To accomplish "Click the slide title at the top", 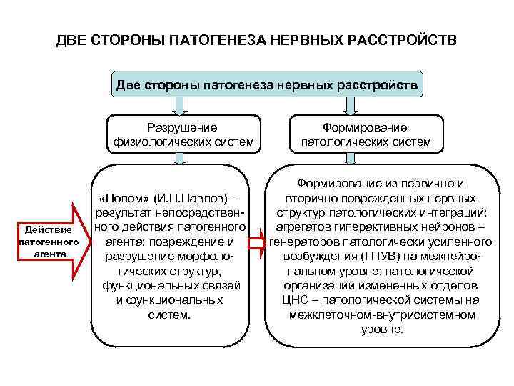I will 256,39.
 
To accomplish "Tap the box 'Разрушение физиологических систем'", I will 181,134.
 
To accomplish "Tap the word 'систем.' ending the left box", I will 170,314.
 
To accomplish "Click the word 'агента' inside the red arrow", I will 49,254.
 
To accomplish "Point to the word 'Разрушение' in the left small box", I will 181,127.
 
